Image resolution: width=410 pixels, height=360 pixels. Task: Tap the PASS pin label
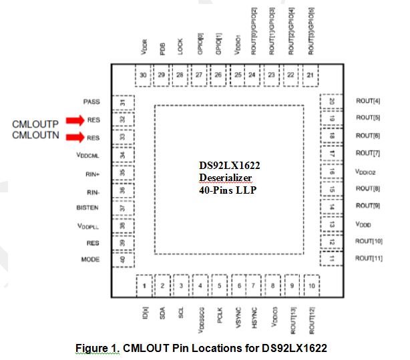click(x=91, y=102)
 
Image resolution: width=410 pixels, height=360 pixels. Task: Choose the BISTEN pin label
click(x=87, y=208)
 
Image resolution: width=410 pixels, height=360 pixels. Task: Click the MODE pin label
click(x=90, y=259)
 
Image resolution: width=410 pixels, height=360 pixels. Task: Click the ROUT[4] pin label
click(x=368, y=101)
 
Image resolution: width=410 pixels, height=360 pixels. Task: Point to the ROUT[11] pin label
click(x=369, y=258)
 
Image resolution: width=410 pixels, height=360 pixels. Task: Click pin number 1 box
click(x=144, y=285)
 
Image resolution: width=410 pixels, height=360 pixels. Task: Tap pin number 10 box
click(x=311, y=285)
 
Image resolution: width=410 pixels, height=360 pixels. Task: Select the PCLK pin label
click(x=219, y=314)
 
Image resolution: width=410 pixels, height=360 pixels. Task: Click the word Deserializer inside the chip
click(x=225, y=176)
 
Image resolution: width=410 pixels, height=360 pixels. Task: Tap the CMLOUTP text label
click(x=37, y=124)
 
